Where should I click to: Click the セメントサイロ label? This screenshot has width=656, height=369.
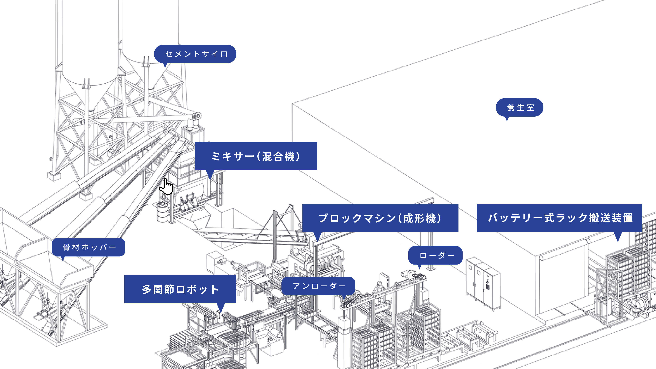(195, 54)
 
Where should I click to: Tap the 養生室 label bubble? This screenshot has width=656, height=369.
(520, 107)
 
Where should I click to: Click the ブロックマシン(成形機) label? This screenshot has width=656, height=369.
(380, 218)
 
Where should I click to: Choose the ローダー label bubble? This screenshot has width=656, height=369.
(435, 255)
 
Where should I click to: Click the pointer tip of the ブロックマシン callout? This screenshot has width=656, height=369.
(318, 241)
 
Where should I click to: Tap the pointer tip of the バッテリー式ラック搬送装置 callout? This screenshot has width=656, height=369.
(618, 241)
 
